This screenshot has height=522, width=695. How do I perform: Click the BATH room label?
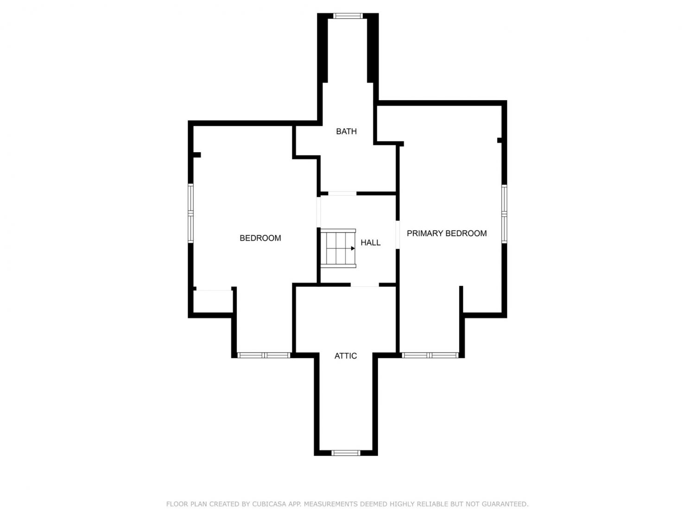pos(346,131)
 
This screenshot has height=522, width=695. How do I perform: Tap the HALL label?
pos(371,243)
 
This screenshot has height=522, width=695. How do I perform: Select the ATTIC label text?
pos(346,356)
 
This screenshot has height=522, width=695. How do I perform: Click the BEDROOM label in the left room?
pos(260,238)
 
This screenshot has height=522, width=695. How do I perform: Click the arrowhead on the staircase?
pos(353,249)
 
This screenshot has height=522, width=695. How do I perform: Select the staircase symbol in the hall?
pos(338,248)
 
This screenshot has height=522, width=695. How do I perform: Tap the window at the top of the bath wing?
pos(347,16)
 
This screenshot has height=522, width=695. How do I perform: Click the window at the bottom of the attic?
pos(346,452)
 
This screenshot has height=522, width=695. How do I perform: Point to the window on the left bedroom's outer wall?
pos(190,213)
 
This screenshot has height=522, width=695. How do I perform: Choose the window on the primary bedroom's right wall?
pos(504,214)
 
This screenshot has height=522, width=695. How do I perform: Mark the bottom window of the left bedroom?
pos(264,355)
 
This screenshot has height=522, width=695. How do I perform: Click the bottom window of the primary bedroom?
pos(430,355)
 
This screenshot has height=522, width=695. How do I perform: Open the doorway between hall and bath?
pos(342,193)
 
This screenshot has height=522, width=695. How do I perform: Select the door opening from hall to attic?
pos(365,284)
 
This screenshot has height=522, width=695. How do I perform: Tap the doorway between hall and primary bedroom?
pos(398,234)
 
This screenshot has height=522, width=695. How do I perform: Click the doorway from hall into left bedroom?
pos(318,212)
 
